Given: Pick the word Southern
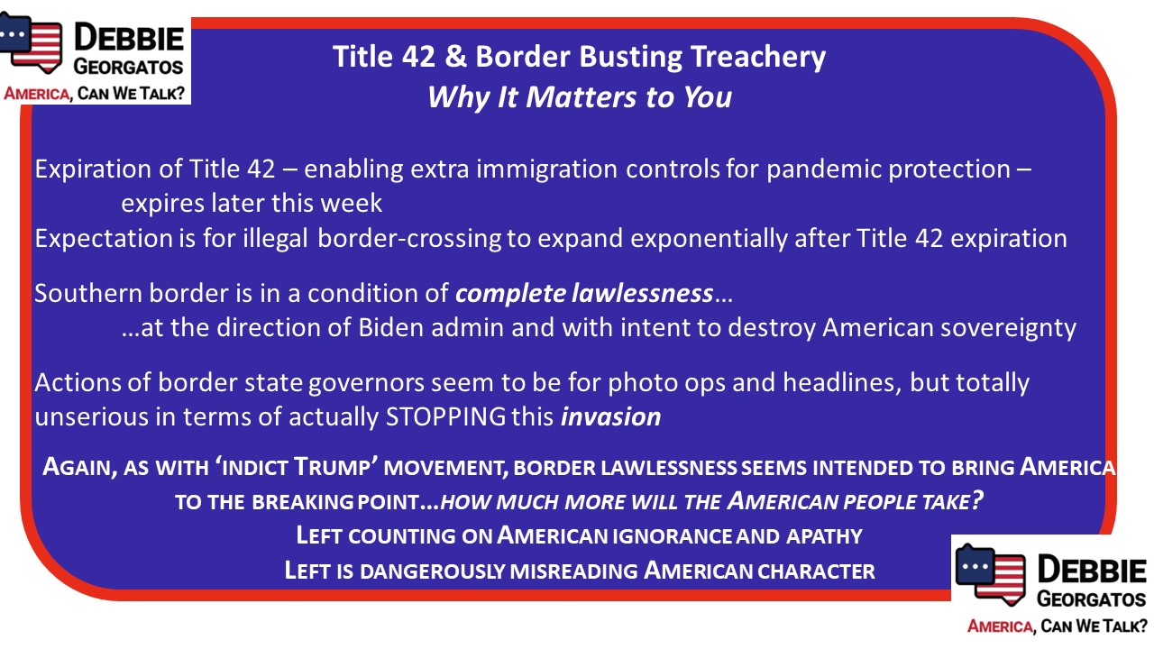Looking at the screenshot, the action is point(87,293).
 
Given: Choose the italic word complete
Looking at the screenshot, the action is point(510,294).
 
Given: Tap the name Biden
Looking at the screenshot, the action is point(390,327).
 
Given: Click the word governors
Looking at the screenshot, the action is point(367,383).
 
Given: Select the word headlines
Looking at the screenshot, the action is point(842,383).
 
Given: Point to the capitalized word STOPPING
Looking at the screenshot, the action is point(445,416).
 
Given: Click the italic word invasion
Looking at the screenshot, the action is point(611,416).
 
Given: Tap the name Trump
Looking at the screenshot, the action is point(332,467).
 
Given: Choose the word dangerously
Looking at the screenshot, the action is point(433,571).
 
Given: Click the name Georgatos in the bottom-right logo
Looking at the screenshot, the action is point(1091,599).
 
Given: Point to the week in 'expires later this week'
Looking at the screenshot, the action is point(352,204).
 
